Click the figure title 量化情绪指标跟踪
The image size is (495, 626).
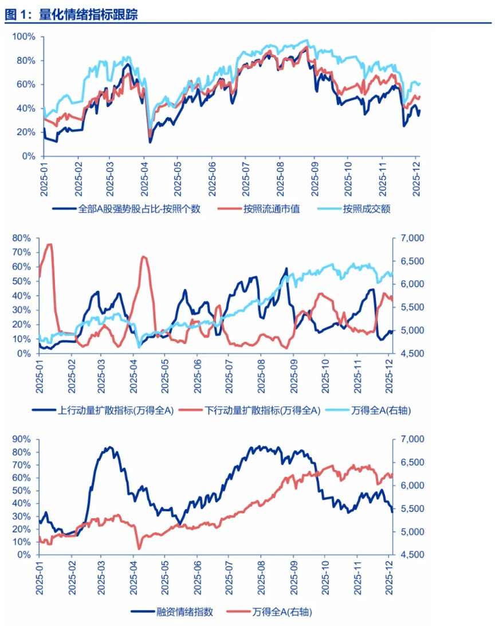click(x=88, y=14)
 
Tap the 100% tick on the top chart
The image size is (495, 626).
click(x=24, y=37)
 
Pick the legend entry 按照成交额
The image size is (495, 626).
click(x=367, y=209)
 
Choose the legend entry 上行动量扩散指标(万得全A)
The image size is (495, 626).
click(x=103, y=410)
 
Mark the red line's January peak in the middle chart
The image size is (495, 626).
click(x=49, y=245)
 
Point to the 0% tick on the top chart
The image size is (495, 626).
click(x=27, y=156)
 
